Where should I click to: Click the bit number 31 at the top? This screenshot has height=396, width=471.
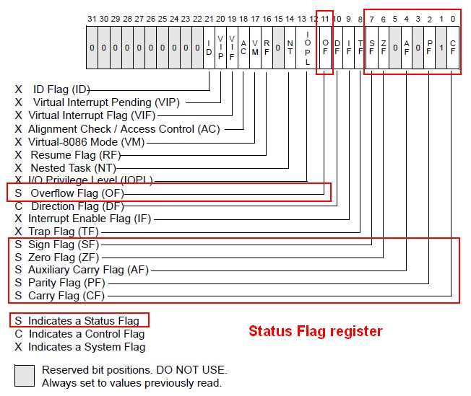pyautogui.click(x=92, y=17)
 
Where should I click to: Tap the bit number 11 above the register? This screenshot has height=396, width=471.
pyautogui.click(x=325, y=17)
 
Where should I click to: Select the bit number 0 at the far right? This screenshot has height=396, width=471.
pyautogui.click(x=453, y=17)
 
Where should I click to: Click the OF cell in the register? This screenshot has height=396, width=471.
pyautogui.click(x=325, y=48)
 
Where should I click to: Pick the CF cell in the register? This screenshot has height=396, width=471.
pyautogui.click(x=453, y=48)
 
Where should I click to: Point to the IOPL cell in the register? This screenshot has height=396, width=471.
pyautogui.click(x=308, y=48)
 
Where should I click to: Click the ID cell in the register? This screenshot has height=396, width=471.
pyautogui.click(x=209, y=48)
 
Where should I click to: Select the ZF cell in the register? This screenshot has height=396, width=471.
pyautogui.click(x=383, y=48)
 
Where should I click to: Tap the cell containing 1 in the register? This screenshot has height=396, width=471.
pyautogui.click(x=441, y=48)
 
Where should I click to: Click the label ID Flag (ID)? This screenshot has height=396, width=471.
pyautogui.click(x=61, y=89)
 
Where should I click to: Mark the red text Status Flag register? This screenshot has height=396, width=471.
pyautogui.click(x=315, y=332)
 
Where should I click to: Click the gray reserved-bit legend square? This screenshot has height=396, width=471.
pyautogui.click(x=24, y=376)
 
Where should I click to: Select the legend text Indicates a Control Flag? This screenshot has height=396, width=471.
pyautogui.click(x=86, y=334)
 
